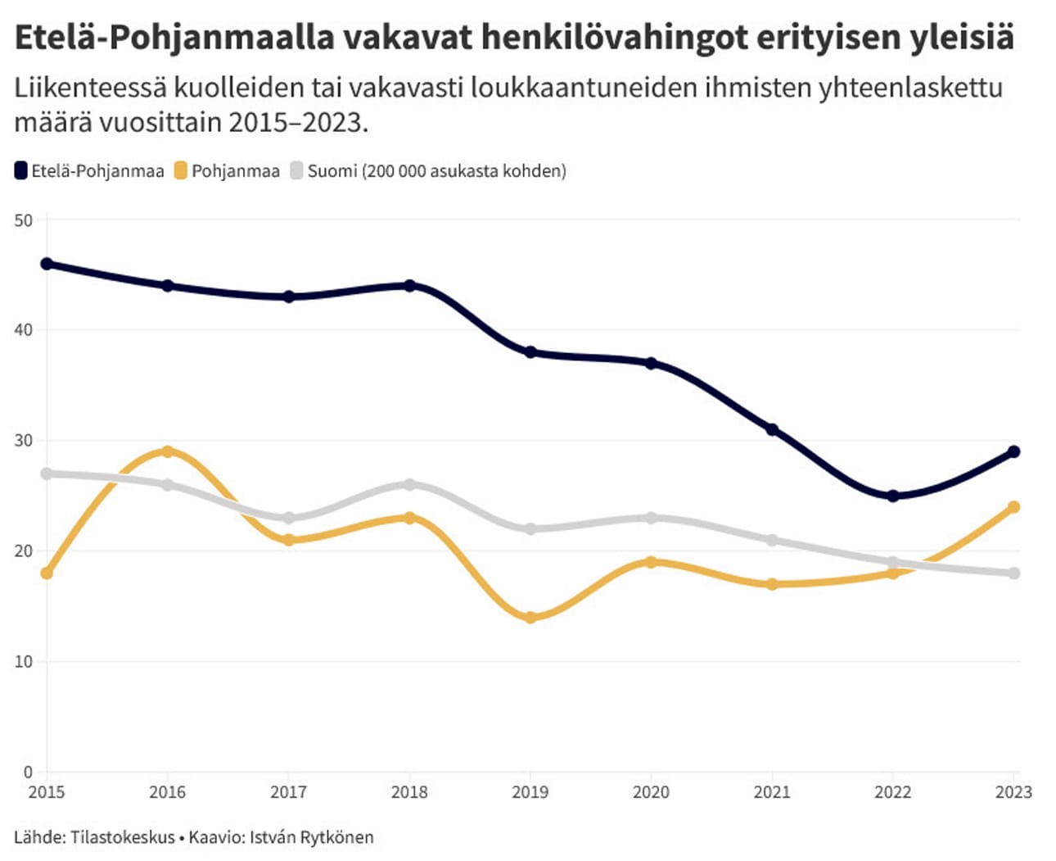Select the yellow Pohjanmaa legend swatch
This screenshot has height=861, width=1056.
[181, 171]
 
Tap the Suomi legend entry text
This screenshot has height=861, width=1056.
[436, 171]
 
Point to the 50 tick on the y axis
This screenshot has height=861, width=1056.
[23, 220]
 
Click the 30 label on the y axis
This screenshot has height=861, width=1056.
[23, 441]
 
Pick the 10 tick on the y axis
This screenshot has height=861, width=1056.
[23, 662]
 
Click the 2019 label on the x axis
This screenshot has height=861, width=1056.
[530, 792]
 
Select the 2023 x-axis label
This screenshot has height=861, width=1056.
[1013, 792]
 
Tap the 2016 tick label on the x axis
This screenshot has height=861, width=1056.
[167, 792]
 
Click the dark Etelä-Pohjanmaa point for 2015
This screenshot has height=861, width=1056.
[47, 264]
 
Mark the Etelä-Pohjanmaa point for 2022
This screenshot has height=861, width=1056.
[893, 496]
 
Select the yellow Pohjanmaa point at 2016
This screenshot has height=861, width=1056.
[167, 451]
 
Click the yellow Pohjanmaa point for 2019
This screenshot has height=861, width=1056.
[530, 618]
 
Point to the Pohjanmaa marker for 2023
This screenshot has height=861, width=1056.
[1014, 507]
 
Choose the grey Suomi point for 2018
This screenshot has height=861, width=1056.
[409, 485]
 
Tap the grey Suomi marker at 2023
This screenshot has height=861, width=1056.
[1014, 573]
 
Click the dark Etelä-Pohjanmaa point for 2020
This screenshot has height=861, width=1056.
[651, 363]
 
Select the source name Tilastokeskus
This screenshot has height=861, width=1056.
[123, 837]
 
